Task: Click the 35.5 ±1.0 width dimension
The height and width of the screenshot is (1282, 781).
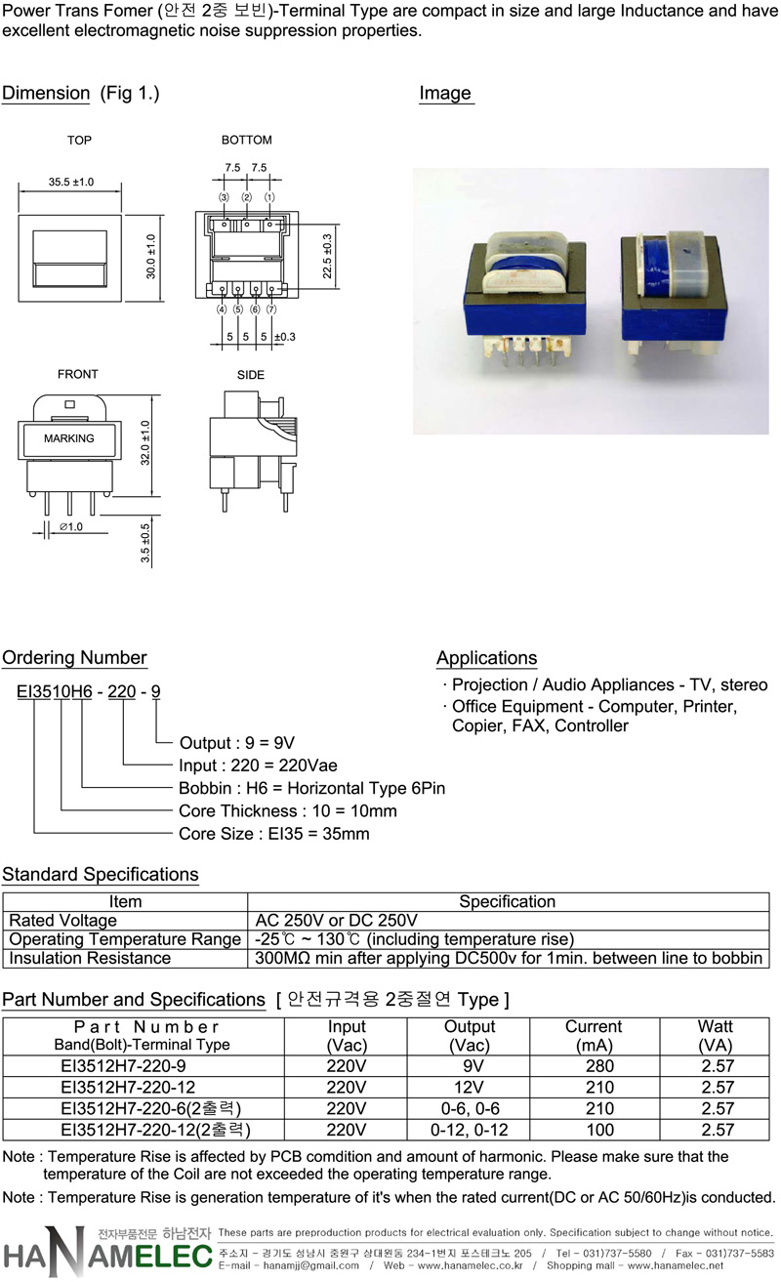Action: (71, 182)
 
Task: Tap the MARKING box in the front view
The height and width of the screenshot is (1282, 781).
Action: (68, 439)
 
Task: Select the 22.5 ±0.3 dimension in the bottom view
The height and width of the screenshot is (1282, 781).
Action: (327, 256)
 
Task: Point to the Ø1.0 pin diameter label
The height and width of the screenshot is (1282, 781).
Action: (71, 526)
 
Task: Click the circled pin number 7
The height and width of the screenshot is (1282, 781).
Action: (271, 310)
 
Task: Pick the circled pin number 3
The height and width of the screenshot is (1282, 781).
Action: (224, 197)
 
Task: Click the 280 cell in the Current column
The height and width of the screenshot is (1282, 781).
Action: (599, 1066)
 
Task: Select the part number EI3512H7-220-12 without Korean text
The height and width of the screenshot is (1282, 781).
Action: (128, 1088)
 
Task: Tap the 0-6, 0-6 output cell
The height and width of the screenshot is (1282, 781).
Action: (470, 1108)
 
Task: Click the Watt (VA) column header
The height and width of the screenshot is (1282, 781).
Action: (716, 1036)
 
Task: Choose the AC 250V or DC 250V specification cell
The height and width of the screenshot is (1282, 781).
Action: (337, 921)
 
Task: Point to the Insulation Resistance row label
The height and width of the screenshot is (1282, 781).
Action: (90, 958)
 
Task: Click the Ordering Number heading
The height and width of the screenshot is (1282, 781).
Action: (74, 657)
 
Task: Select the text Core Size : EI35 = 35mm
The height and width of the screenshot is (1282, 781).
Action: (274, 834)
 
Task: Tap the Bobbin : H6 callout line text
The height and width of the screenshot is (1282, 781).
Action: (311, 788)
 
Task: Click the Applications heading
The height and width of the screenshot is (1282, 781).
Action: (487, 658)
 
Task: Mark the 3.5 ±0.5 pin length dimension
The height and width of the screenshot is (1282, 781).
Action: (145, 543)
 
